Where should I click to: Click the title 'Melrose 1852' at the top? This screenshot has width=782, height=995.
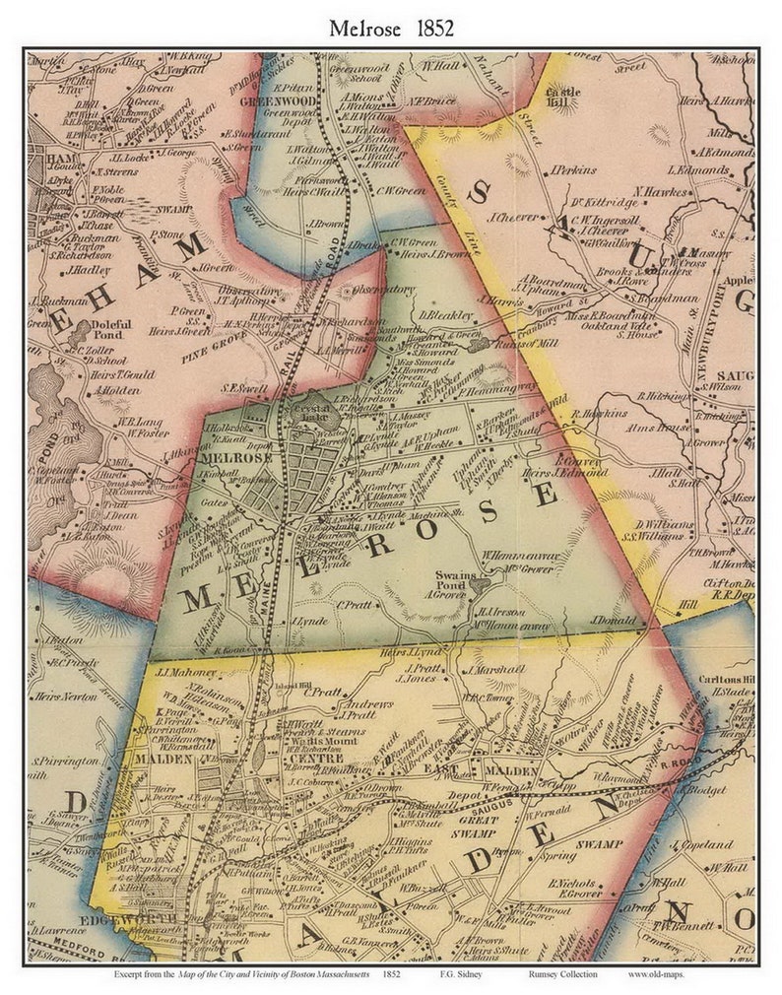pyautogui.click(x=391, y=29)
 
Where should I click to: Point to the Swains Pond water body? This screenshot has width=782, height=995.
pyautogui.click(x=479, y=585)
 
